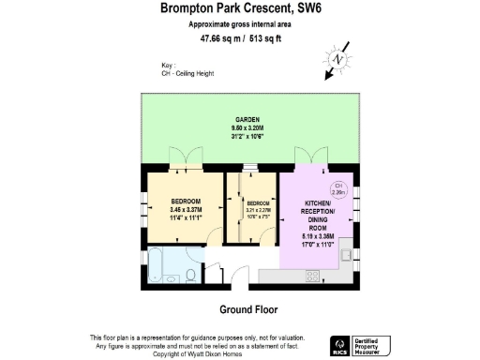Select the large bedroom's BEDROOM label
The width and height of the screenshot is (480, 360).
point(184,202)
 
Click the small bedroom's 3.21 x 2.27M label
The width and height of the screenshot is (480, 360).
point(258,210)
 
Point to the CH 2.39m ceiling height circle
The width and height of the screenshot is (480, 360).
point(339,189)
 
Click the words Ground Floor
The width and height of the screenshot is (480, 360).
point(247,309)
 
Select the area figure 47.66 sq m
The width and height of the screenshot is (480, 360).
point(217,39)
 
